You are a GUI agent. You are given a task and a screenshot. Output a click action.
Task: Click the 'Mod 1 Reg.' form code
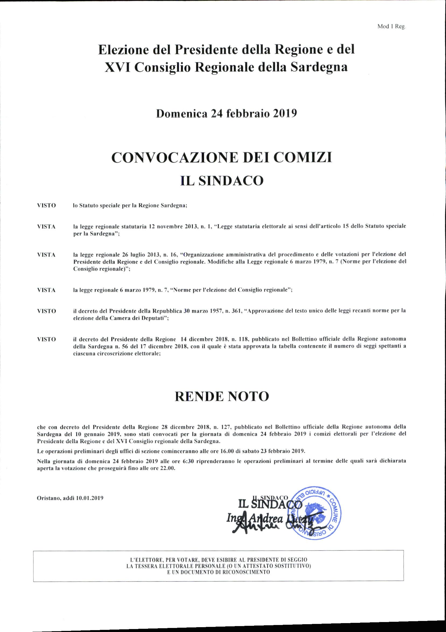tap(392, 27)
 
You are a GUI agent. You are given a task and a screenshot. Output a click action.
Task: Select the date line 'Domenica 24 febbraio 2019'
tap(226, 114)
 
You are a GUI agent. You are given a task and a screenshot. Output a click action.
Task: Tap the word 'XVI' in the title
tap(117, 67)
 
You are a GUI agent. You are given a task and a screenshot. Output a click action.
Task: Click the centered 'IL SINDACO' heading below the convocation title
tap(222, 181)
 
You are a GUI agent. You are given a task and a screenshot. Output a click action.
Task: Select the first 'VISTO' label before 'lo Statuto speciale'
tap(47, 206)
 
